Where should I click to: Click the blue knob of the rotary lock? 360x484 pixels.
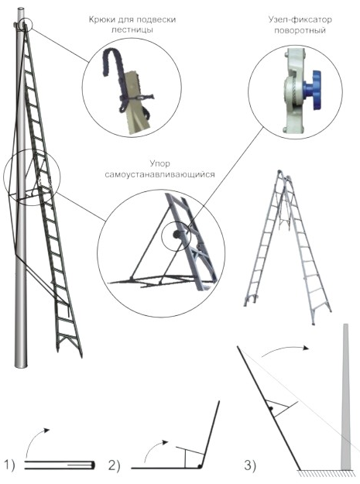point(314,90)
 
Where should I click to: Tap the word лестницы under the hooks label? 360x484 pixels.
point(132,30)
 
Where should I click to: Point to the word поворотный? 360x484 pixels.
point(300,30)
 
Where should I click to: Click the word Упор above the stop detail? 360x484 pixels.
point(159,163)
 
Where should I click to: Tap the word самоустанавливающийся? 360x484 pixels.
point(159,175)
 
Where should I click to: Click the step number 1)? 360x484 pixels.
point(9,465)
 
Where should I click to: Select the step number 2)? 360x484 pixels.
point(114,465)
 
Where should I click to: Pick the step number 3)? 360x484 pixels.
point(250,465)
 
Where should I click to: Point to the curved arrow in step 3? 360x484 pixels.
point(286,348)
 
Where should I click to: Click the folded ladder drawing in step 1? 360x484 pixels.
point(60,465)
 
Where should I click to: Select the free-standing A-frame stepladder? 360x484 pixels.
point(286,247)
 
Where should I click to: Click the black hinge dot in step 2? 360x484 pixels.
point(200,465)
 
